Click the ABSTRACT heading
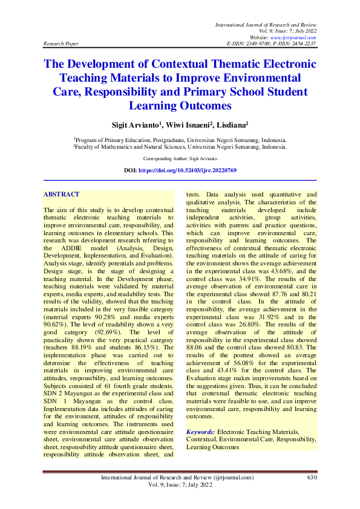pos(61,194)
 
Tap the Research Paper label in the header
pos(61,44)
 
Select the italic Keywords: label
pos(201,432)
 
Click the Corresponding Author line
pos(180,158)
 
